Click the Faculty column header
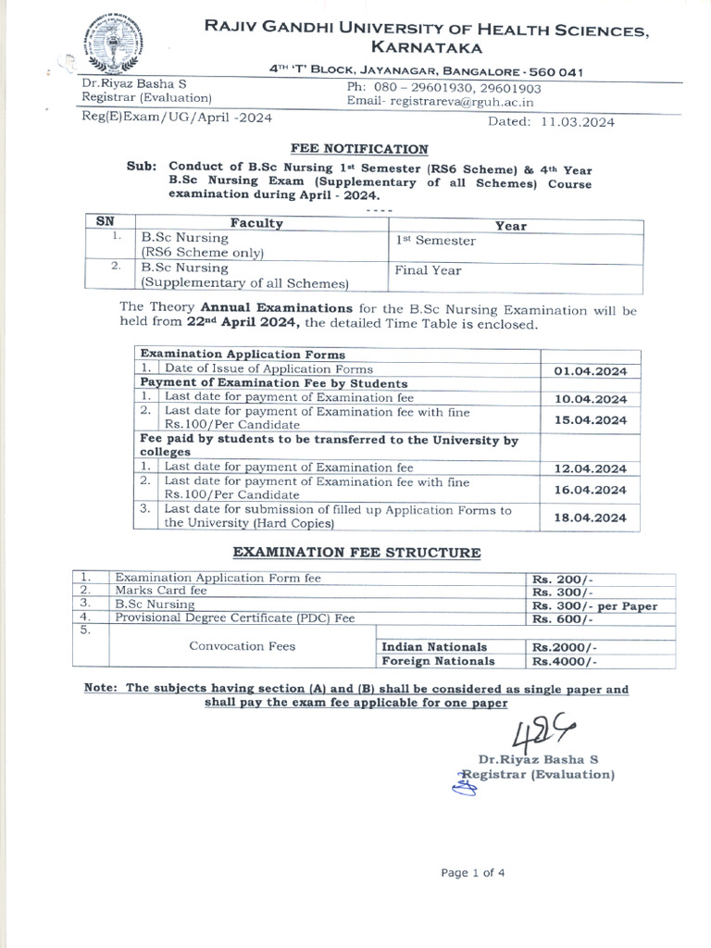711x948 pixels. click(256, 224)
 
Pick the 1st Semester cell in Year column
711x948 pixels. click(435, 241)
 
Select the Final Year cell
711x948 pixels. click(428, 271)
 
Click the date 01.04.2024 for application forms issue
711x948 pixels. click(590, 370)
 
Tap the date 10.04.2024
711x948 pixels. click(590, 399)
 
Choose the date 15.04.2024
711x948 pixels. click(590, 419)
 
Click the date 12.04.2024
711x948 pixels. click(590, 468)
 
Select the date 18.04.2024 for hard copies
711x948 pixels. click(590, 518)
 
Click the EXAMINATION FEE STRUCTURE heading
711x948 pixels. click(355, 553)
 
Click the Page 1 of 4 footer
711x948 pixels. click(473, 872)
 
